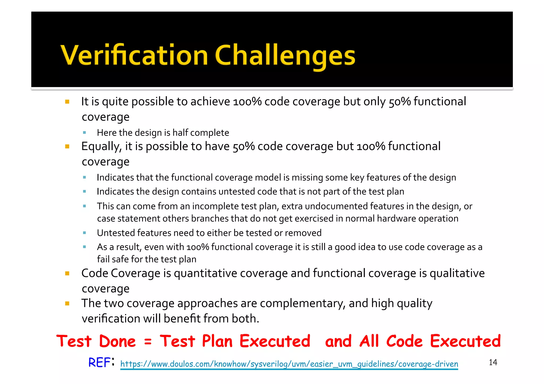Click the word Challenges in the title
coord(285,56)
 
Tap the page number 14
coord(493,362)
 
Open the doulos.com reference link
coord(289,364)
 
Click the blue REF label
coord(99,363)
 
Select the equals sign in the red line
coord(148,342)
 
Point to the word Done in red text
coord(117,341)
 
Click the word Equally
coord(101,146)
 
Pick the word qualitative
coord(457,273)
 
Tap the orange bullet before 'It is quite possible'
coord(67,102)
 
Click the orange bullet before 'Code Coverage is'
coord(67,273)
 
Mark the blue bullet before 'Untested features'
coord(84,233)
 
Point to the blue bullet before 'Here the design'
coord(84,132)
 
